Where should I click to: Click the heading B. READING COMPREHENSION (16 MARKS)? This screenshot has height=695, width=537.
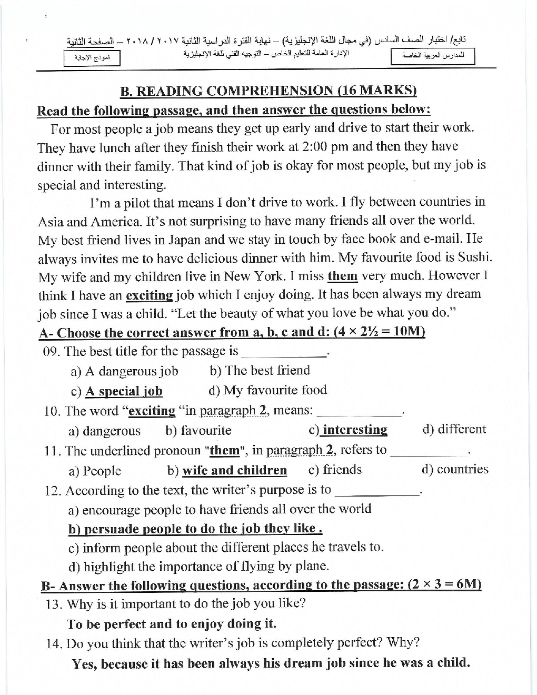click(x=268, y=91)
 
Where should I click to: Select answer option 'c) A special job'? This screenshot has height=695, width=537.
click(x=116, y=391)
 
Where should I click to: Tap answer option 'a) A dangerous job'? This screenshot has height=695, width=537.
click(x=124, y=371)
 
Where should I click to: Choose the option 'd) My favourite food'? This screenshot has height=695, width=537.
click(x=267, y=390)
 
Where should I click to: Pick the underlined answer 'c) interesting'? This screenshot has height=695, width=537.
click(x=348, y=430)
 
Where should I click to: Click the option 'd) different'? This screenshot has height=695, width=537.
click(x=454, y=429)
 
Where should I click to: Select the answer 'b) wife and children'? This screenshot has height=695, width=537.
click(x=227, y=470)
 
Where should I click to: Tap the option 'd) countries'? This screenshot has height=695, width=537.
click(x=455, y=469)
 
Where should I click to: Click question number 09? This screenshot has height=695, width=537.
click(x=52, y=351)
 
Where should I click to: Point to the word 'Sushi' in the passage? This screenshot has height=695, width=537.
click(x=476, y=257)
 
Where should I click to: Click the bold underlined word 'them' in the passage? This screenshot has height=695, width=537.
click(x=342, y=276)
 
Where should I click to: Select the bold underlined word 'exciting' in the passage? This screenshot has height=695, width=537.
click(x=150, y=295)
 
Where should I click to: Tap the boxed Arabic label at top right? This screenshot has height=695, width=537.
click(x=433, y=56)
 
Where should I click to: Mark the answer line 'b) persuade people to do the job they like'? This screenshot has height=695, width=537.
click(x=195, y=529)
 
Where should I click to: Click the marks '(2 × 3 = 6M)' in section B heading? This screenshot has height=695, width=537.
click(x=445, y=585)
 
